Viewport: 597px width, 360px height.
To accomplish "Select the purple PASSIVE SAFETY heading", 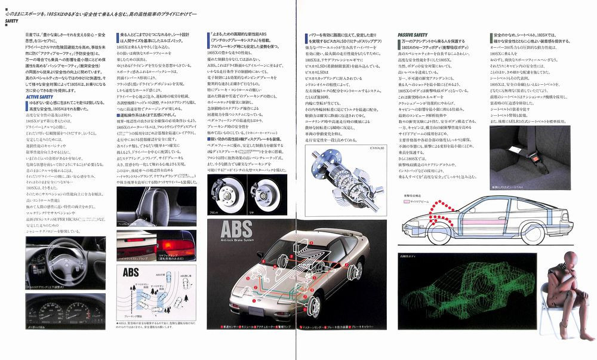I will [413, 35].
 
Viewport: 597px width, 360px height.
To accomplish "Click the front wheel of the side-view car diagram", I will [438, 232].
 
